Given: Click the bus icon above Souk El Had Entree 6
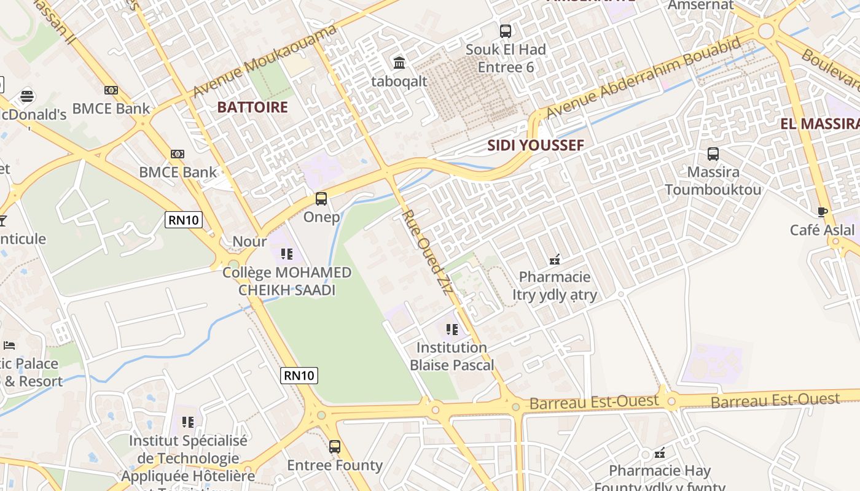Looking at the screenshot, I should click(506, 31).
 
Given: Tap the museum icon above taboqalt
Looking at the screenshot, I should click(399, 63).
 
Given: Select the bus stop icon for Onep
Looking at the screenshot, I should click(321, 199).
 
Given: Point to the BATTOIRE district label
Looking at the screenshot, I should click(252, 107).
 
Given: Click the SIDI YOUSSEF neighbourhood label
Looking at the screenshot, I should click(535, 145).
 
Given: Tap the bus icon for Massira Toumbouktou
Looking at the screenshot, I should click(713, 154).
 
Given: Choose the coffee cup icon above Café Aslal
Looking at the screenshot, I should click(822, 212).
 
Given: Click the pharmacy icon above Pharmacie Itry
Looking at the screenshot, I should click(555, 260).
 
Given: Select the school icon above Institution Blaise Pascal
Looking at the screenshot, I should click(452, 330).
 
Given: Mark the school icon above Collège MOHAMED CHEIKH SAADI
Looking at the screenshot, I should click(286, 253).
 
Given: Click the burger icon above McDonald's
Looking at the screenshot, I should click(26, 96).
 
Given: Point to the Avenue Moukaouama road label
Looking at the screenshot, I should click(265, 60).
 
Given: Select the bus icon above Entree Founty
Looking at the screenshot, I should click(335, 447).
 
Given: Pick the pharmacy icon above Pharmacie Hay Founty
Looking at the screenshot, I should click(660, 454).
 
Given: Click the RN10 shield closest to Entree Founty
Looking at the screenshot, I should click(299, 375).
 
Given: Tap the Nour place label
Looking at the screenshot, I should click(249, 242).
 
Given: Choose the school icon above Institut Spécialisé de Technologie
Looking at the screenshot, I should click(188, 422).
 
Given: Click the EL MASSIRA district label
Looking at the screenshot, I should click(819, 124).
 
